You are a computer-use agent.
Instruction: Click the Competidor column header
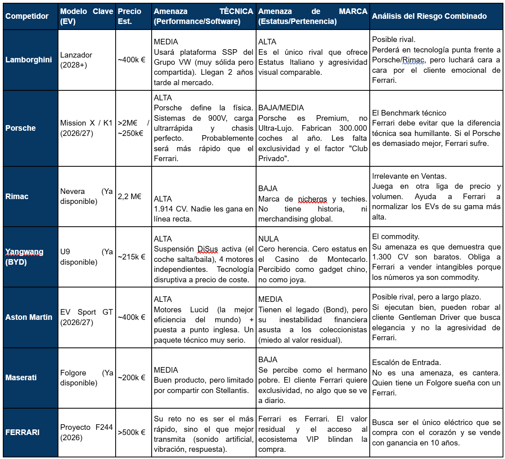point(27,16)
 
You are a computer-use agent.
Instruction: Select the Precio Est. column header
point(129,16)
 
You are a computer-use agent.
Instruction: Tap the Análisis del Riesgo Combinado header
point(429,16)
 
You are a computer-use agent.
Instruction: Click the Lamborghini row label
point(29,60)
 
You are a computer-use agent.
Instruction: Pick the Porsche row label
point(20,128)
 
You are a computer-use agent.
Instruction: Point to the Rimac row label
point(17,196)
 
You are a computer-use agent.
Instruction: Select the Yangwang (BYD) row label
point(24,257)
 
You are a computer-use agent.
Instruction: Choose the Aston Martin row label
point(29,317)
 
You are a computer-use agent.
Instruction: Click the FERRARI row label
point(22,432)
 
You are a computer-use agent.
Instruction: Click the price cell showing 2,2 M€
point(130,196)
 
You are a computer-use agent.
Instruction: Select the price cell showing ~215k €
point(132,257)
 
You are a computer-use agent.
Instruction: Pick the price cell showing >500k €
point(132,432)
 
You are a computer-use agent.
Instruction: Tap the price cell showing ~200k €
point(132,377)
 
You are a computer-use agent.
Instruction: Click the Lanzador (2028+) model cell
point(76,60)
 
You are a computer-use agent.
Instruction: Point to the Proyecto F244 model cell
point(86,432)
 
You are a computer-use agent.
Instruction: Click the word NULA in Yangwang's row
point(269,239)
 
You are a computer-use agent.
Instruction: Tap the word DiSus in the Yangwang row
point(207,249)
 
